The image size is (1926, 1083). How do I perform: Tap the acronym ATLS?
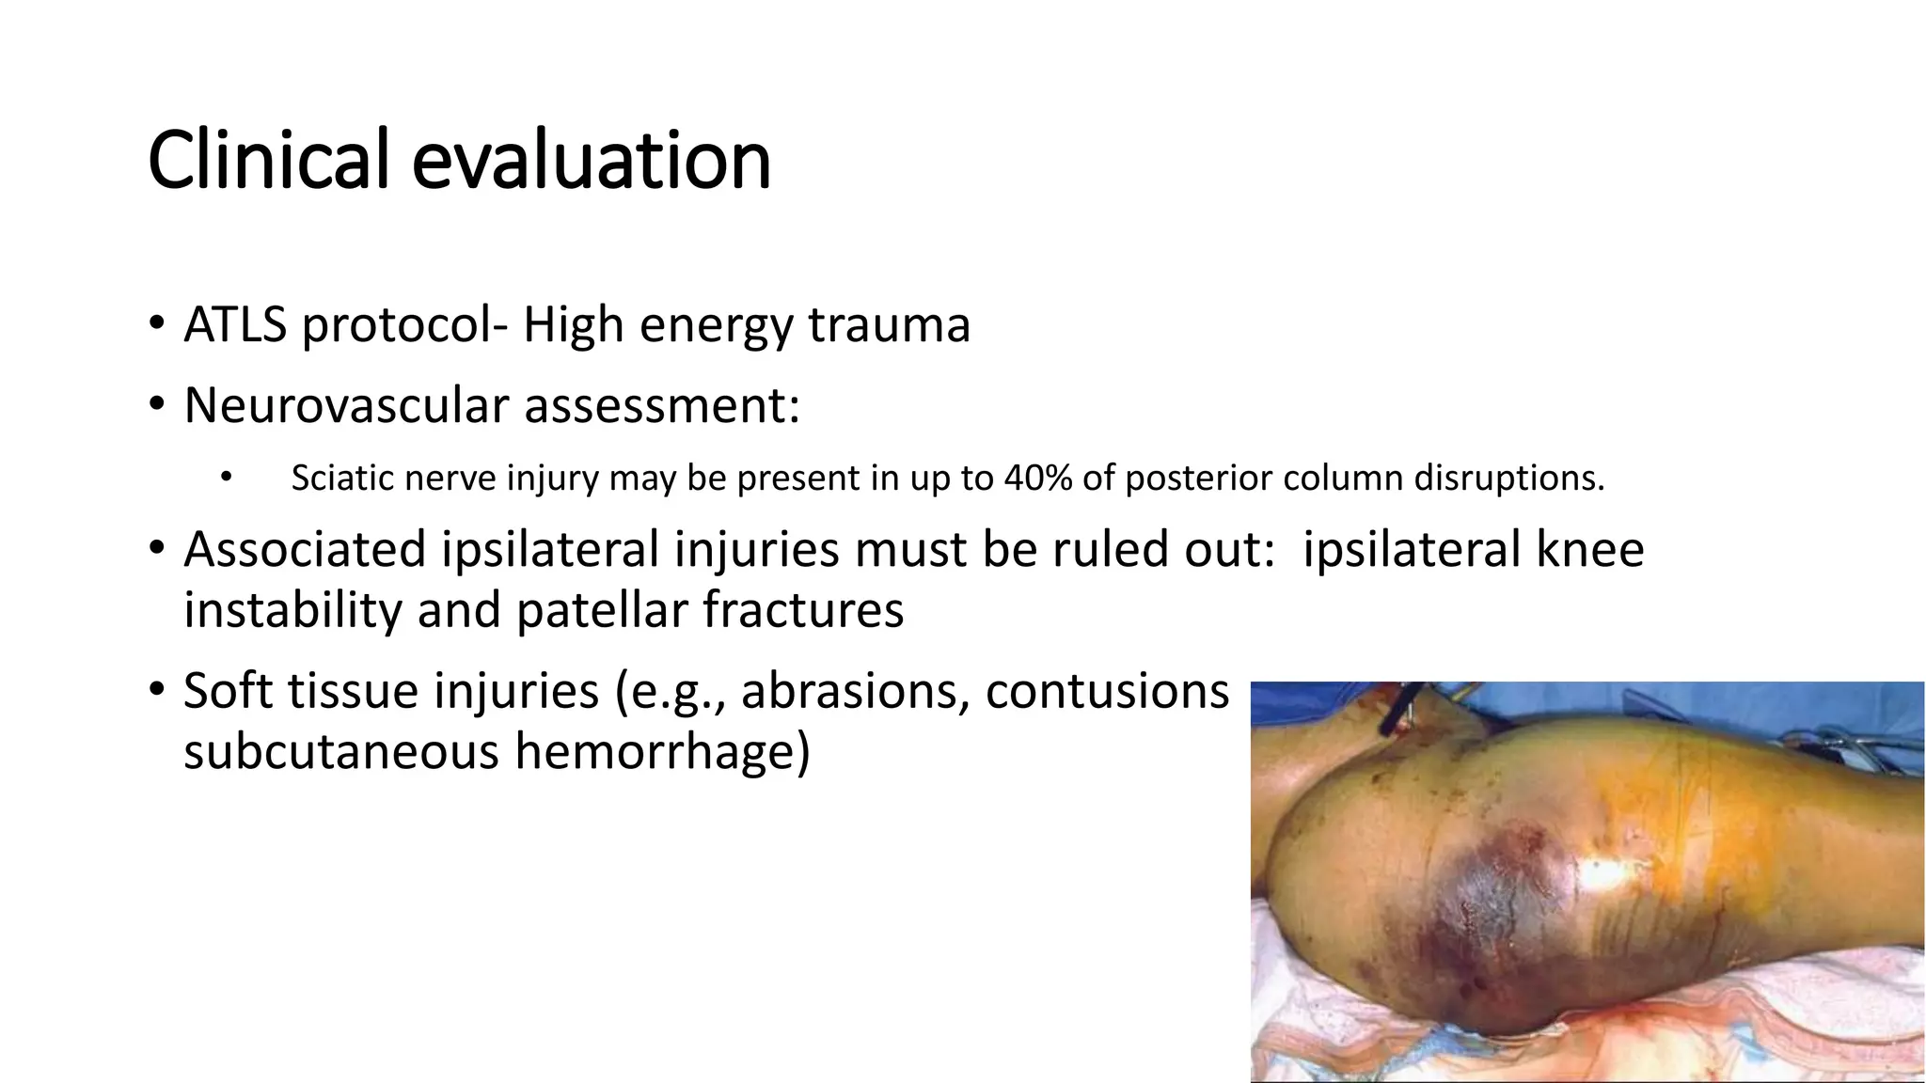pos(235,325)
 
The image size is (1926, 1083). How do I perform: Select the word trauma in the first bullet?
pos(889,325)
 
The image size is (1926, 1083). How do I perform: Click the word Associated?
pos(305,549)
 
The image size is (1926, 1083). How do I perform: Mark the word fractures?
pos(803,610)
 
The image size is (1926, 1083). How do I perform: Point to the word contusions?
pos(1107,691)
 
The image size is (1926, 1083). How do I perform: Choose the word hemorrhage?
pos(662,752)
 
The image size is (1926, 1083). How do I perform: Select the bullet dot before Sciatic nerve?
pos(225,479)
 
